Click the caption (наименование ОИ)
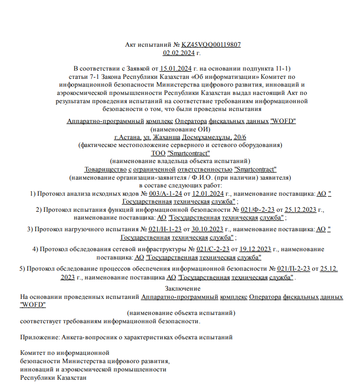[180, 129]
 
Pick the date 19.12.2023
[255, 249]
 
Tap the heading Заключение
[180, 289]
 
